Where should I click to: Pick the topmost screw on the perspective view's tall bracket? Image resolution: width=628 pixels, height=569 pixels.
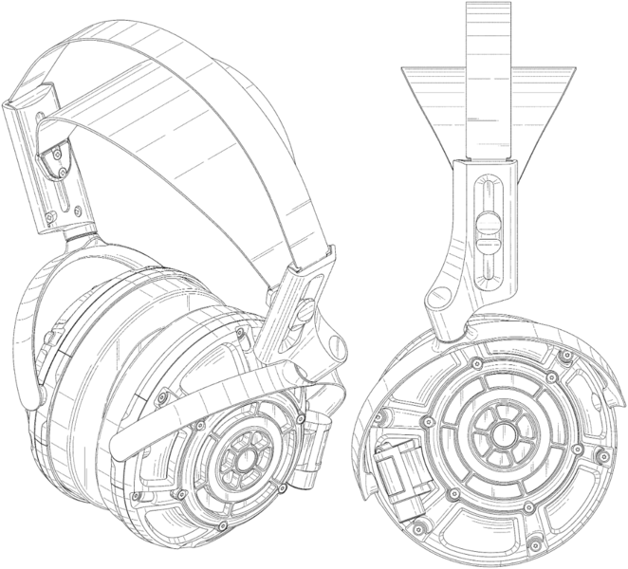59,149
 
